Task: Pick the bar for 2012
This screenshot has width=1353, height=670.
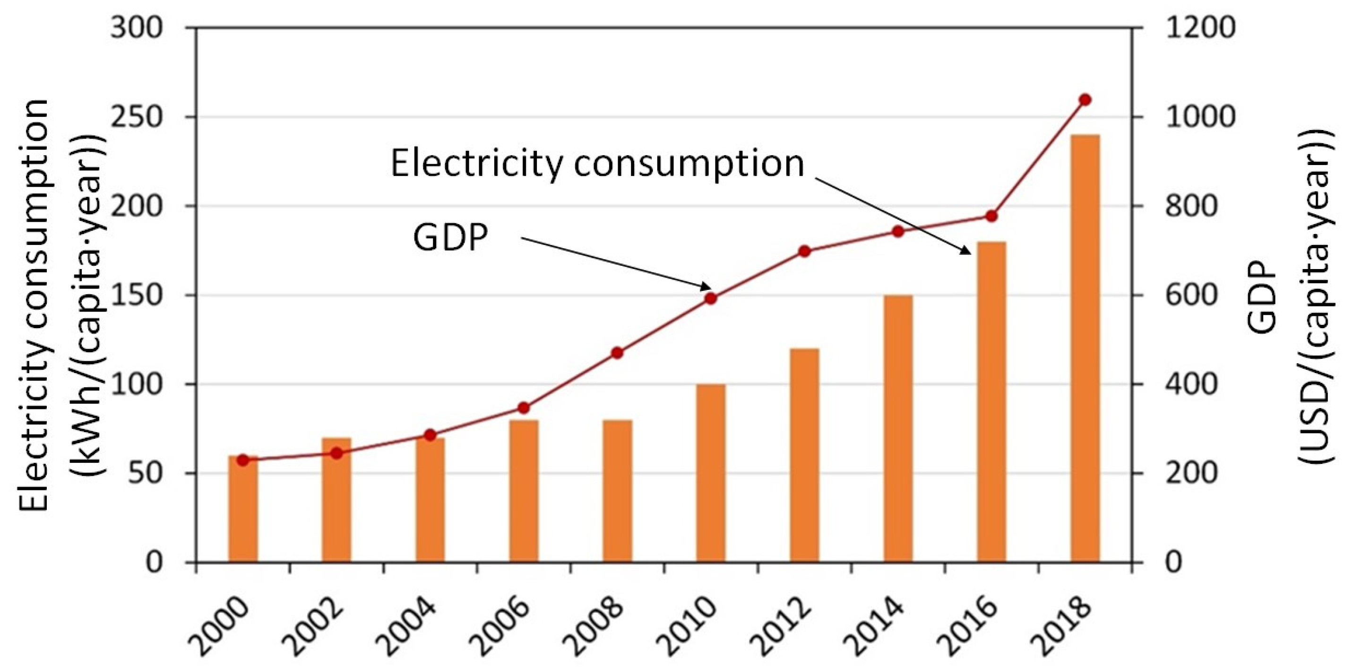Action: click(804, 455)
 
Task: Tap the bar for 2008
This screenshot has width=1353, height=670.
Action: click(617, 491)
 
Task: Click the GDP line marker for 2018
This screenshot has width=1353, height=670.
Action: click(1085, 100)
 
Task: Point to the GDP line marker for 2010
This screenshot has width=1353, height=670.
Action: click(711, 298)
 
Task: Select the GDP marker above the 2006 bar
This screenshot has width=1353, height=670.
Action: click(524, 408)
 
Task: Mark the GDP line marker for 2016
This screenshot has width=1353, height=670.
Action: click(991, 216)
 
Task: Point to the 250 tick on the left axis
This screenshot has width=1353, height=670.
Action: click(136, 117)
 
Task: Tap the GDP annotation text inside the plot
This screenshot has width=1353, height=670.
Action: click(451, 237)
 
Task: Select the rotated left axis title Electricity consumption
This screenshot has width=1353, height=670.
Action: click(34, 305)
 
